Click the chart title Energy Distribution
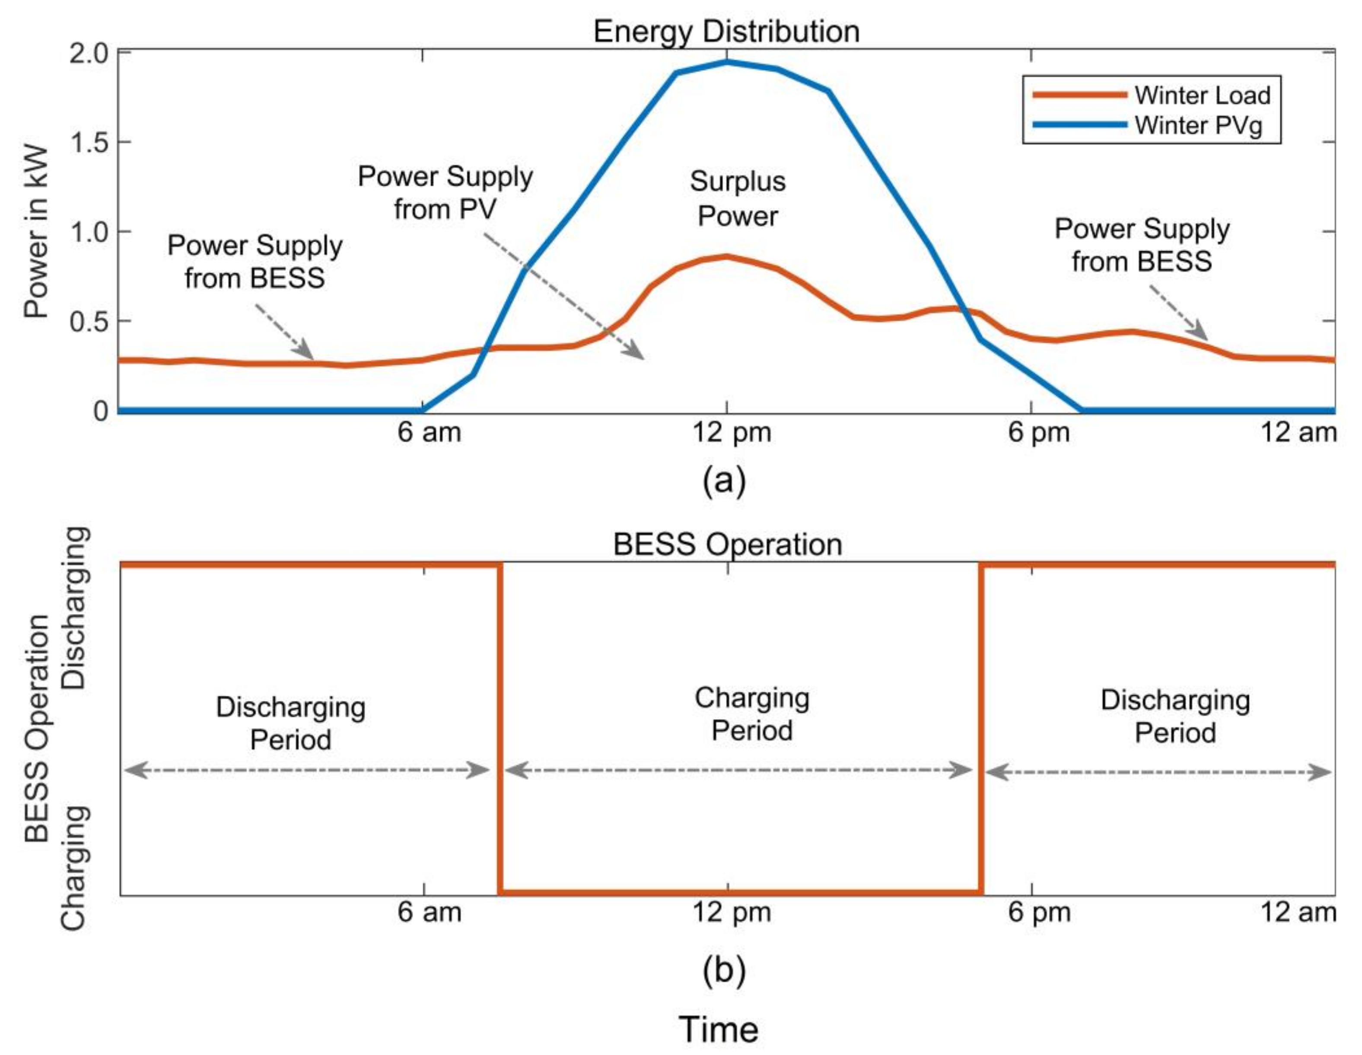coord(726,31)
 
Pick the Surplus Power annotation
coord(737,198)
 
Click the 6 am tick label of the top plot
coord(429,432)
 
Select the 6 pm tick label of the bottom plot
coord(1039,912)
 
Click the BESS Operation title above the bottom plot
coord(727,544)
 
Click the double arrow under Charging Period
coord(739,770)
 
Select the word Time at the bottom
coord(719,1029)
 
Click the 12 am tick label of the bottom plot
coord(1298,912)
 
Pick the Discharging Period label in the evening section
coord(1175,716)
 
